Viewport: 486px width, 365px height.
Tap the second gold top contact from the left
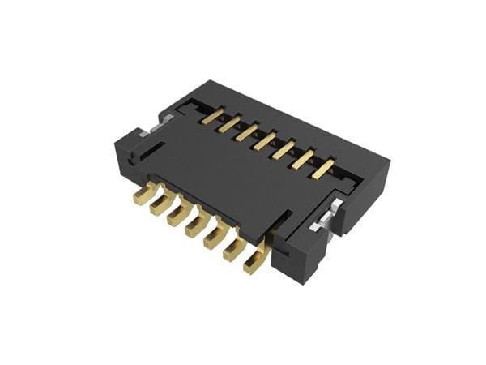(x=230, y=124)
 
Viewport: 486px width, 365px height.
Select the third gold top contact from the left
(x=247, y=132)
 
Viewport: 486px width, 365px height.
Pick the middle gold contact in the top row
(x=265, y=141)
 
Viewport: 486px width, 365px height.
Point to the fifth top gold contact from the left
(x=283, y=150)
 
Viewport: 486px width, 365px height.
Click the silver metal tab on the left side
(x=147, y=130)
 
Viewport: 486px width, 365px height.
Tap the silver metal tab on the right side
(x=322, y=219)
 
